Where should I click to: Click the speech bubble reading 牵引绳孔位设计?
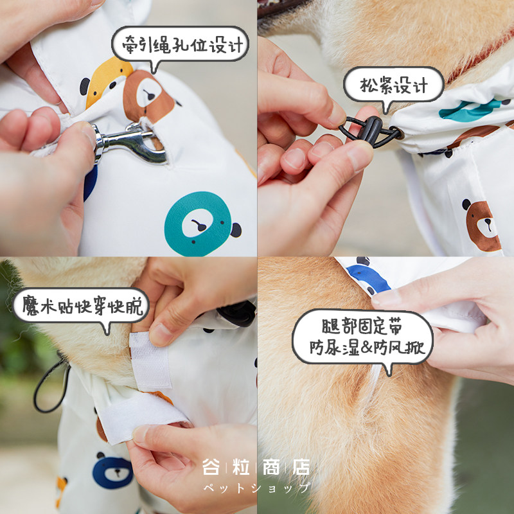point(180,44)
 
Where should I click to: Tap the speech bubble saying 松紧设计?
point(393,85)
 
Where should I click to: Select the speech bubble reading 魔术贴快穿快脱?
point(81,306)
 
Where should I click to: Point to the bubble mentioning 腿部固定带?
point(362,338)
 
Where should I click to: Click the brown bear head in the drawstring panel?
point(482,225)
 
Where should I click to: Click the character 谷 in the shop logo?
point(211,467)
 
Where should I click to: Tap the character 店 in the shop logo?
point(301,467)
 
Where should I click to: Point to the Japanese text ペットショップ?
point(256,488)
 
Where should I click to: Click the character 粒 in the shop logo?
point(241,467)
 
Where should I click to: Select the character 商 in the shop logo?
point(271,467)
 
